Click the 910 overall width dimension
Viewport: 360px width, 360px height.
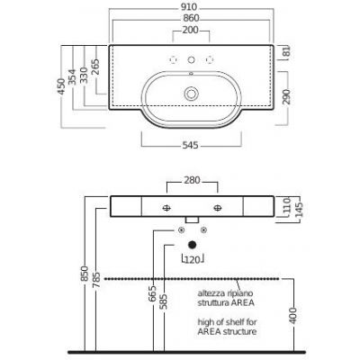pyautogui.click(x=189, y=6)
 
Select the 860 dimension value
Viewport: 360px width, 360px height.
pyautogui.click(x=191, y=18)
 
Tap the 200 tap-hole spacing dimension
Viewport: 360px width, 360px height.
pyautogui.click(x=191, y=30)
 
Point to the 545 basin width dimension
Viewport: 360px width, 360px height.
pyautogui.click(x=191, y=146)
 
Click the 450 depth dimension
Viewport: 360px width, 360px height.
pyautogui.click(x=61, y=86)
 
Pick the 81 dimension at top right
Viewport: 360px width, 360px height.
pyautogui.click(x=286, y=51)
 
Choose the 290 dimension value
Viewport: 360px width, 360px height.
pyautogui.click(x=286, y=96)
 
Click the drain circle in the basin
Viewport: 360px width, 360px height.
pyautogui.click(x=191, y=94)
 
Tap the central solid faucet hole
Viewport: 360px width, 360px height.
pyautogui.click(x=191, y=60)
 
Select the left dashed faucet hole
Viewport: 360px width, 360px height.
pyautogui.click(x=173, y=60)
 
